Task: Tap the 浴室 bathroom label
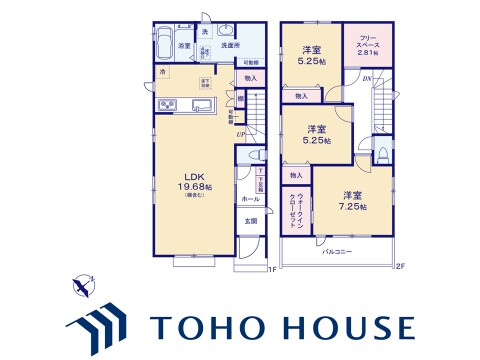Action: (184, 46)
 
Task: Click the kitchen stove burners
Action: (167, 107)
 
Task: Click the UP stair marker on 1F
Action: (241, 133)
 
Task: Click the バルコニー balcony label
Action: (337, 253)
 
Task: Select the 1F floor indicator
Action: (270, 268)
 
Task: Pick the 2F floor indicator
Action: (400, 266)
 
